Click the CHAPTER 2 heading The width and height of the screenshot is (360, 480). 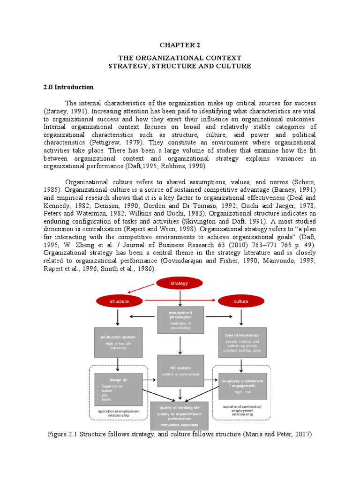tap(180, 45)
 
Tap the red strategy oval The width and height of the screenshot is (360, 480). tap(179, 283)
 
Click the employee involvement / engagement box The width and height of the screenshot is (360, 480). tap(242, 386)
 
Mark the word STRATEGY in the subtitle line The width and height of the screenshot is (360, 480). tap(128, 66)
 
